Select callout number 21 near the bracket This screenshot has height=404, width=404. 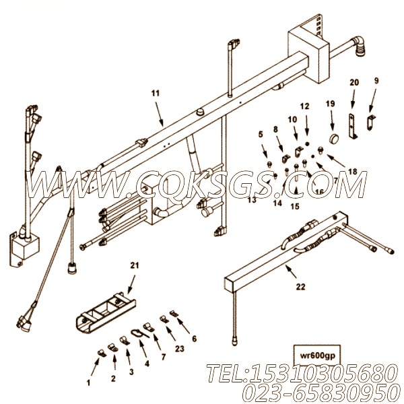[133, 265]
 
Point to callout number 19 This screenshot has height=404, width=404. [330, 104]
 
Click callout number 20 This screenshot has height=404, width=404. [353, 82]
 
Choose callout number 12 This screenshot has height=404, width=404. [304, 106]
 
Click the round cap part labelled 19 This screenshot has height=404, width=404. [331, 139]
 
